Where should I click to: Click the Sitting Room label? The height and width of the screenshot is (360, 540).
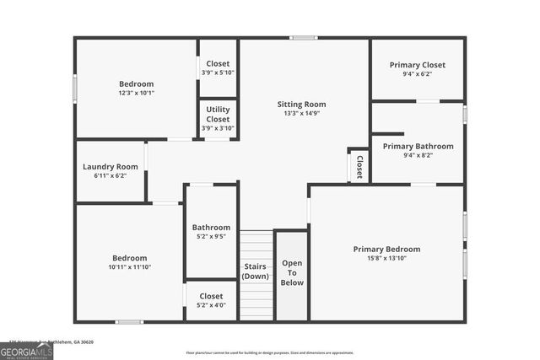[301, 105]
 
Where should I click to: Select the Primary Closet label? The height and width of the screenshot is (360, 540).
[418, 65]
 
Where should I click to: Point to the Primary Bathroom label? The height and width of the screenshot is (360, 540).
[418, 146]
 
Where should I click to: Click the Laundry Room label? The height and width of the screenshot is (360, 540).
[110, 166]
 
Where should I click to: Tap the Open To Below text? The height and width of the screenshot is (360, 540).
[292, 272]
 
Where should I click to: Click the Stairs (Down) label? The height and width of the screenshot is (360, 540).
[256, 272]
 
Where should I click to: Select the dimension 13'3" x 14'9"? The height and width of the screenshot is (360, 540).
[301, 114]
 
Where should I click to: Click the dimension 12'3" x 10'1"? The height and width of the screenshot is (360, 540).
[136, 93]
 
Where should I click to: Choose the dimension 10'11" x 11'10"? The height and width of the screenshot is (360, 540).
[129, 267]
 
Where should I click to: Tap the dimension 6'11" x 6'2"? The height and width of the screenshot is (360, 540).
[110, 175]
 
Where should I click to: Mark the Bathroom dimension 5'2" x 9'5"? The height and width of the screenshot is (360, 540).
[211, 237]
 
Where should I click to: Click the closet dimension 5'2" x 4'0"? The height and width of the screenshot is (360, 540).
[211, 306]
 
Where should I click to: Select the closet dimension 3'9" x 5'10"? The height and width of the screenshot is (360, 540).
[218, 73]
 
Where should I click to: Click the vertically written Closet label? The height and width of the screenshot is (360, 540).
[359, 166]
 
